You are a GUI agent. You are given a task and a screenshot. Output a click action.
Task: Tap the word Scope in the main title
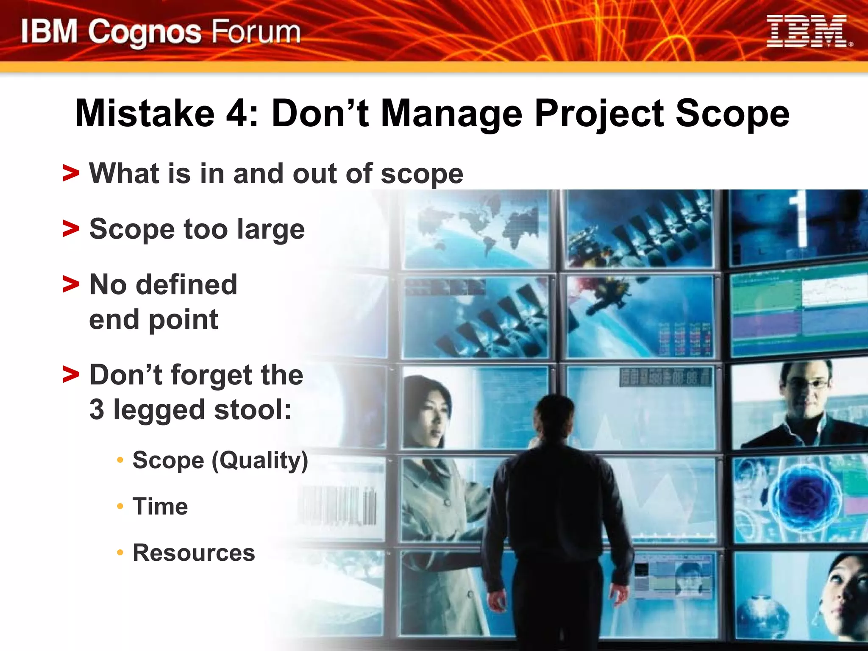[x=732, y=113]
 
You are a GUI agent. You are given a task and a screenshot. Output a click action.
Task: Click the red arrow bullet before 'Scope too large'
[x=70, y=229]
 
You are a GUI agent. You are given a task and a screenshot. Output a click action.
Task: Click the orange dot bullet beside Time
[x=120, y=506]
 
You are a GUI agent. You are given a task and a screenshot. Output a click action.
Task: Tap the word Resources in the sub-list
[x=194, y=553]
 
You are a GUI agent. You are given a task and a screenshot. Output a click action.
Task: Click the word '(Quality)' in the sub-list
[x=259, y=461]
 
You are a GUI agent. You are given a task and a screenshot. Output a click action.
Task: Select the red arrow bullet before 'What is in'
[x=70, y=173]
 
